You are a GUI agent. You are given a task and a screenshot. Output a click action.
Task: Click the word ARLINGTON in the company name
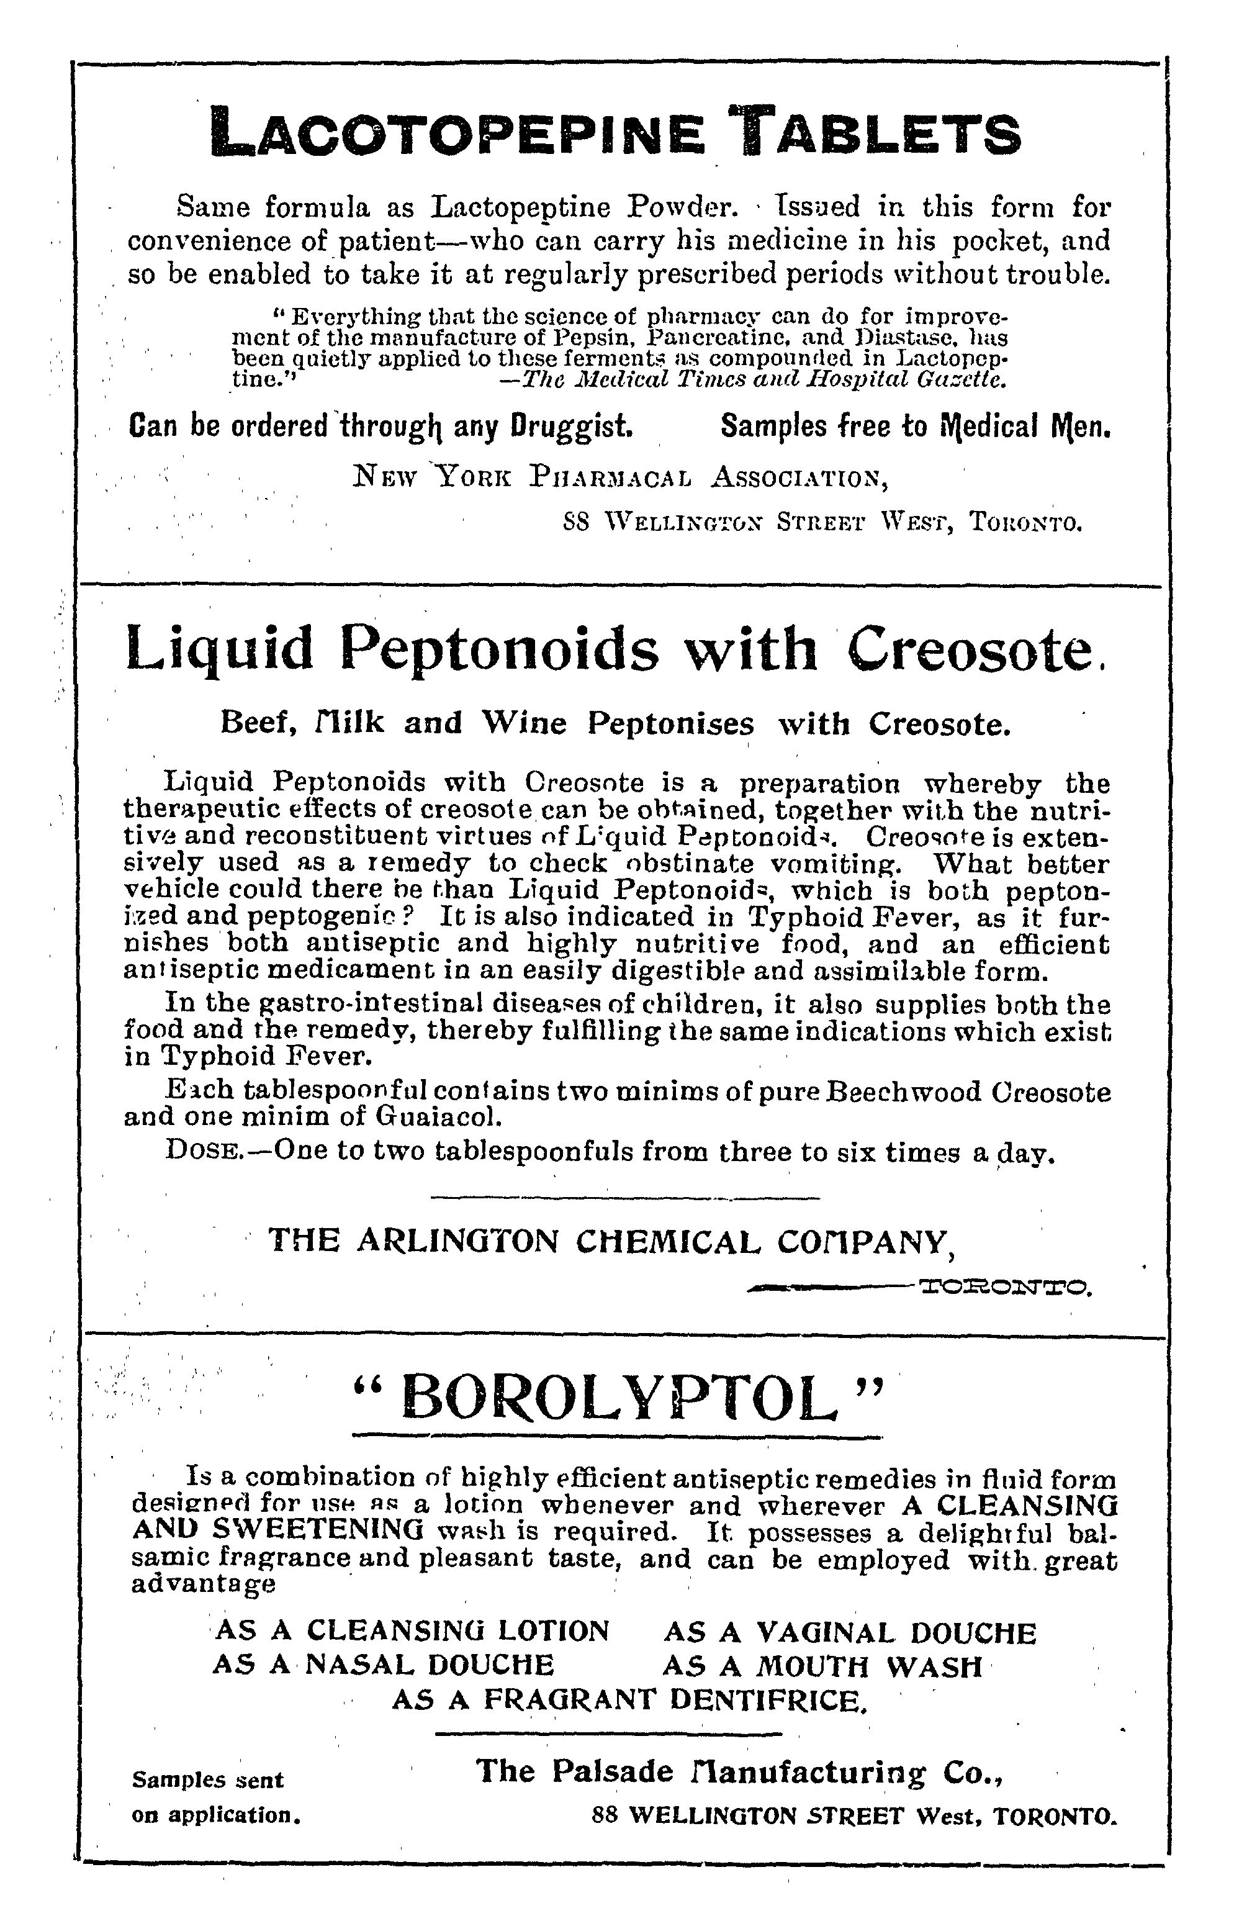(457, 1241)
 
